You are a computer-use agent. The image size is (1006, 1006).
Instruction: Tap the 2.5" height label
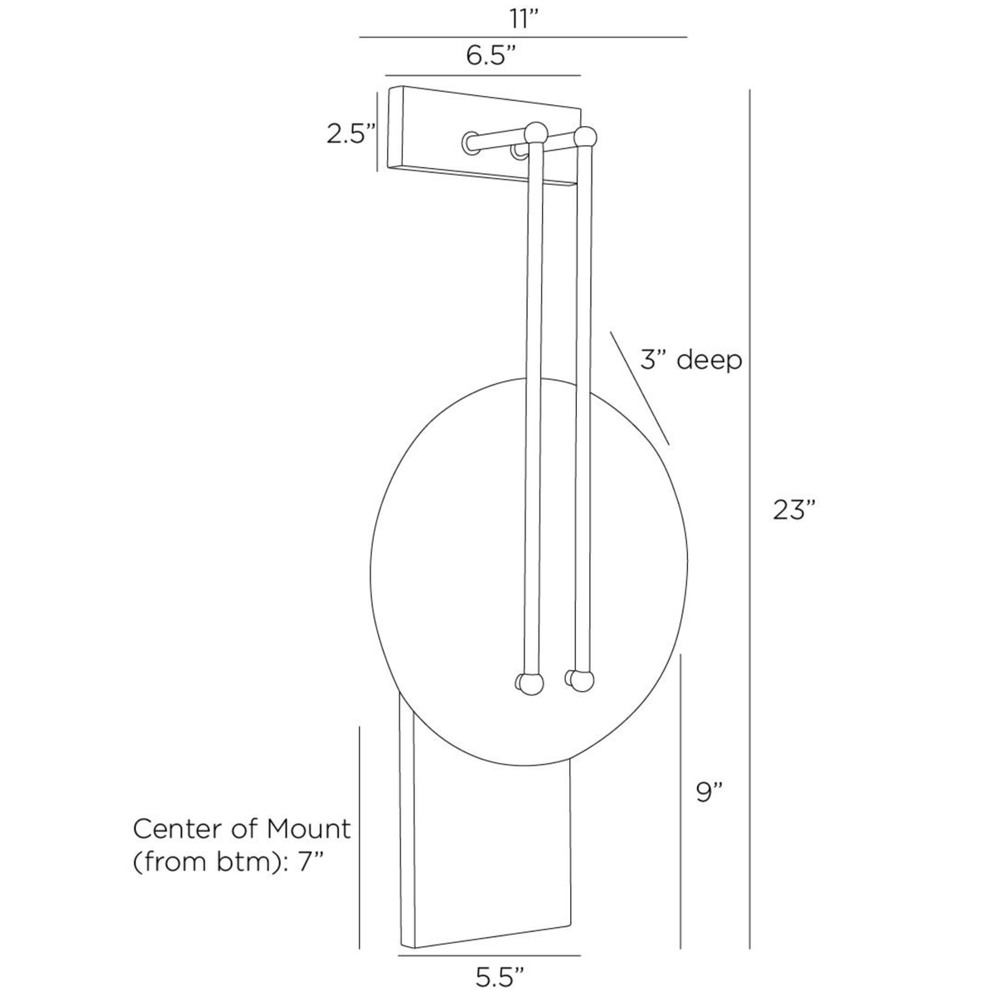click(x=351, y=133)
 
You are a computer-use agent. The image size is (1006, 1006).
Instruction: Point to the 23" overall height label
click(x=795, y=510)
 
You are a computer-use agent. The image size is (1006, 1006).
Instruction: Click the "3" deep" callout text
click(x=690, y=360)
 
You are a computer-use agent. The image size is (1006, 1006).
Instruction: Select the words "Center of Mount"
click(x=242, y=829)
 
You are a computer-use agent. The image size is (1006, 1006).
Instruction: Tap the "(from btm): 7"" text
click(x=227, y=862)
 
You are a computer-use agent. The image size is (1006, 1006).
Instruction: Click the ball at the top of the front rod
click(x=535, y=133)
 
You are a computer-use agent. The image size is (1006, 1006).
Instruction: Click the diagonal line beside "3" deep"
click(x=639, y=388)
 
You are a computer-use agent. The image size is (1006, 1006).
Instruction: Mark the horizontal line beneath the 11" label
click(x=523, y=37)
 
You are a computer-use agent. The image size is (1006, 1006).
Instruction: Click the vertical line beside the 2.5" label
click(x=378, y=131)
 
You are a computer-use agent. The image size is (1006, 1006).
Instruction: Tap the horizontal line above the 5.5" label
click(x=489, y=955)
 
